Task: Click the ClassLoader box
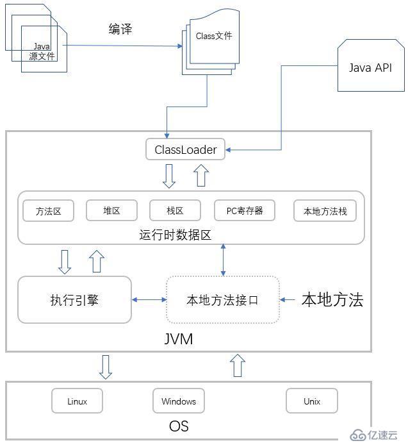point(186,150)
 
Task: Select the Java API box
point(370,68)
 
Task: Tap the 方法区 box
point(49,210)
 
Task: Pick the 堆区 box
point(111,210)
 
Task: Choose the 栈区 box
point(175,210)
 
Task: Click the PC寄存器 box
point(245,210)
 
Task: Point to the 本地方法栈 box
point(325,211)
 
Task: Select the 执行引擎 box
point(74,299)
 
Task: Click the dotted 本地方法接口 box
point(222,299)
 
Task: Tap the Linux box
point(77,401)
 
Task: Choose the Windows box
point(179,401)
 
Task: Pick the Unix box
point(312,401)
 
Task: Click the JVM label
point(179,339)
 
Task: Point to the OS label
point(179,426)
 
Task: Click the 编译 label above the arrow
point(120,29)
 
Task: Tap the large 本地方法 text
point(332,299)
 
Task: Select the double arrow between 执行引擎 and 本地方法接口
point(149,299)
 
